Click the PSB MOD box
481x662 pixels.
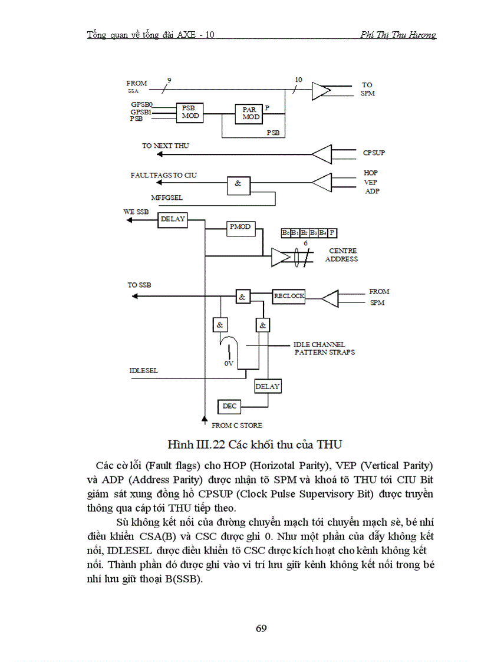[190, 112]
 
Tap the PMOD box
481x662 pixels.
[240, 226]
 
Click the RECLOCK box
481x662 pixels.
[289, 296]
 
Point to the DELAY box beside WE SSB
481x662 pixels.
[173, 219]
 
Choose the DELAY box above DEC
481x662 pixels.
[268, 387]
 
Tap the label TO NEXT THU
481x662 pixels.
[165, 146]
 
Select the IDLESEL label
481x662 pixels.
[144, 371]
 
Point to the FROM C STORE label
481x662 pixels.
[237, 425]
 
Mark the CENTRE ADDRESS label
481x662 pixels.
[342, 255]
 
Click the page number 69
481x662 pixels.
[262, 628]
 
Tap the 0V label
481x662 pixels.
[229, 364]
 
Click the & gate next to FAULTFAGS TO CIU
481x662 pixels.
[238, 183]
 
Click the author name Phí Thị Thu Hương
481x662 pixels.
[398, 35]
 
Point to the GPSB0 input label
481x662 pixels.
[141, 104]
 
